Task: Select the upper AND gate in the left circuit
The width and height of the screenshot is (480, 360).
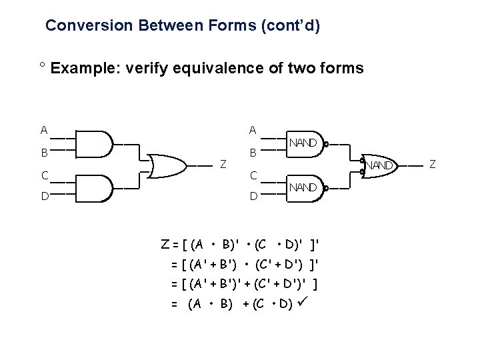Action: (x=95, y=143)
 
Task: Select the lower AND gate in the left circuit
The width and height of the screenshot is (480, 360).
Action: (x=95, y=188)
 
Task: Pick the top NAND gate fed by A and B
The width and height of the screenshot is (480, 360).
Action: (x=303, y=143)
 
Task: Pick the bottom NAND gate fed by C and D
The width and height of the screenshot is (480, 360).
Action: (x=303, y=188)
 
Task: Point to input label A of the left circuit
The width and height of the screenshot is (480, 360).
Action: (x=44, y=130)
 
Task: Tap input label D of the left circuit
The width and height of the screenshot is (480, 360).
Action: (x=44, y=197)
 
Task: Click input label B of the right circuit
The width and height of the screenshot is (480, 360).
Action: (x=253, y=153)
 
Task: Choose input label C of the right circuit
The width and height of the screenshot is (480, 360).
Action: (x=253, y=176)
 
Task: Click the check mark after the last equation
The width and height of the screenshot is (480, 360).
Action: (x=307, y=305)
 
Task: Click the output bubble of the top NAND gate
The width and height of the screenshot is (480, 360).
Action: (x=326, y=143)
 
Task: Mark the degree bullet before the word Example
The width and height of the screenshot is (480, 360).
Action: (x=41, y=65)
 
